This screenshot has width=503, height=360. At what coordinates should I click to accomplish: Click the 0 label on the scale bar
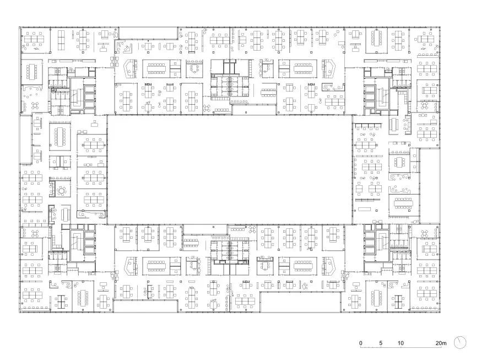pos(360,343)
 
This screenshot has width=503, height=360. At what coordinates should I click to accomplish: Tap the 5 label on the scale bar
pos(381,343)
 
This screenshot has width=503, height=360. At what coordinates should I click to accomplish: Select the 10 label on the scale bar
pos(401,343)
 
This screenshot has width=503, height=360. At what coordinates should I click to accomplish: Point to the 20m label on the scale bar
pos(441,343)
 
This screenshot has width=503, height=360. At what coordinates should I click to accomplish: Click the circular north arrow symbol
pos(460,343)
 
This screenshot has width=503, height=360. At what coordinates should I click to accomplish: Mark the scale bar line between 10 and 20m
pos(421,347)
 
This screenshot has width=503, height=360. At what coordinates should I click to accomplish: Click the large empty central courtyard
pos(230,170)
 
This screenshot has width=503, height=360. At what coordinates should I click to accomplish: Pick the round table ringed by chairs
pos(61,191)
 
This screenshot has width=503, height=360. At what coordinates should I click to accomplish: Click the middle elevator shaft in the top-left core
pos(89,96)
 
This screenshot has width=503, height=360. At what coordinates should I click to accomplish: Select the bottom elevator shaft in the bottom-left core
pos(89,250)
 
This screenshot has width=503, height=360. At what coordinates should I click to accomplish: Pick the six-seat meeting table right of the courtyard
pos(400,162)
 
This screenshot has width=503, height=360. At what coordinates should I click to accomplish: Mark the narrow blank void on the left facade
pos(25,139)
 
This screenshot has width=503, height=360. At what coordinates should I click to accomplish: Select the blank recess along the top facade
pos(148,33)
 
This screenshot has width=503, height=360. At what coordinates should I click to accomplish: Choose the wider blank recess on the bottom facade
pos(301,302)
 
